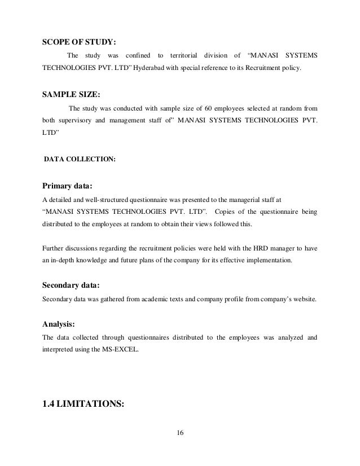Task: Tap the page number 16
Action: pyautogui.click(x=181, y=433)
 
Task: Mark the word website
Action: pyautogui.click(x=304, y=298)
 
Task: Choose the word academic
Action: pyautogui.click(x=147, y=298)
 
